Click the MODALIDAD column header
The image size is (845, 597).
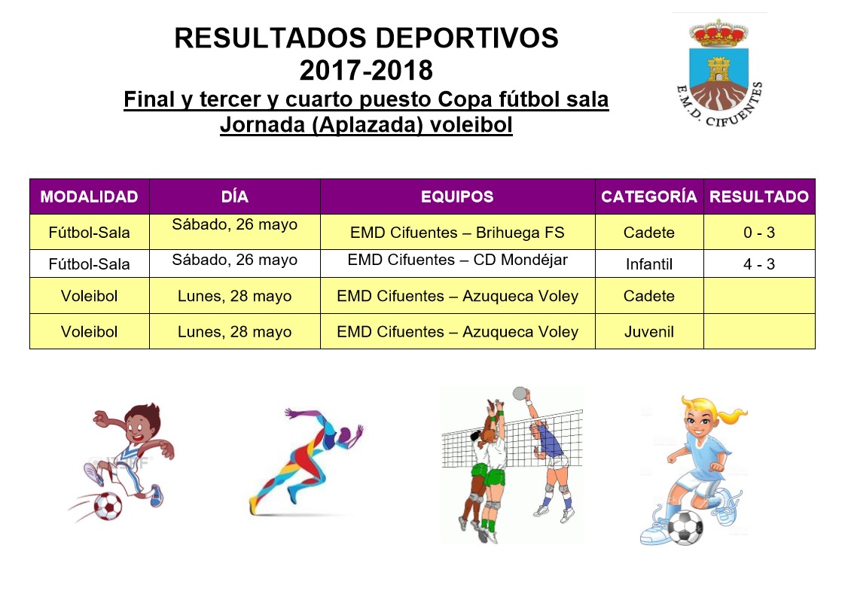tap(90, 196)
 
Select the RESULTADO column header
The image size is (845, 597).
tap(759, 196)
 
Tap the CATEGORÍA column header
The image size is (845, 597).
tap(649, 196)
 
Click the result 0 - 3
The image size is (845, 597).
tap(759, 232)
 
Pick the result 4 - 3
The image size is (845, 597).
tap(759, 264)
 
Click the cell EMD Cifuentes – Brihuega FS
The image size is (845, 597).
tap(457, 232)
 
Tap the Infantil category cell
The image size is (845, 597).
tap(649, 264)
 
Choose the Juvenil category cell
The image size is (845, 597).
tap(649, 331)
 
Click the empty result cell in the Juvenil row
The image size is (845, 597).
tap(759, 331)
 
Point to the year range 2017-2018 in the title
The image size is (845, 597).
tap(366, 70)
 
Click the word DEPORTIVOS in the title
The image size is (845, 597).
tap(467, 38)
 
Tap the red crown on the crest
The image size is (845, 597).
tap(718, 33)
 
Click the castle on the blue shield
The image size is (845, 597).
tap(718, 69)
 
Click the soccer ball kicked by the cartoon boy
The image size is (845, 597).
tap(108, 506)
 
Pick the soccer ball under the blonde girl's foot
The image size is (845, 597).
tap(685, 527)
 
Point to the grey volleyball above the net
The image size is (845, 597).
tap(520, 393)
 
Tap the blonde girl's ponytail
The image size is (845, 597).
tap(731, 414)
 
